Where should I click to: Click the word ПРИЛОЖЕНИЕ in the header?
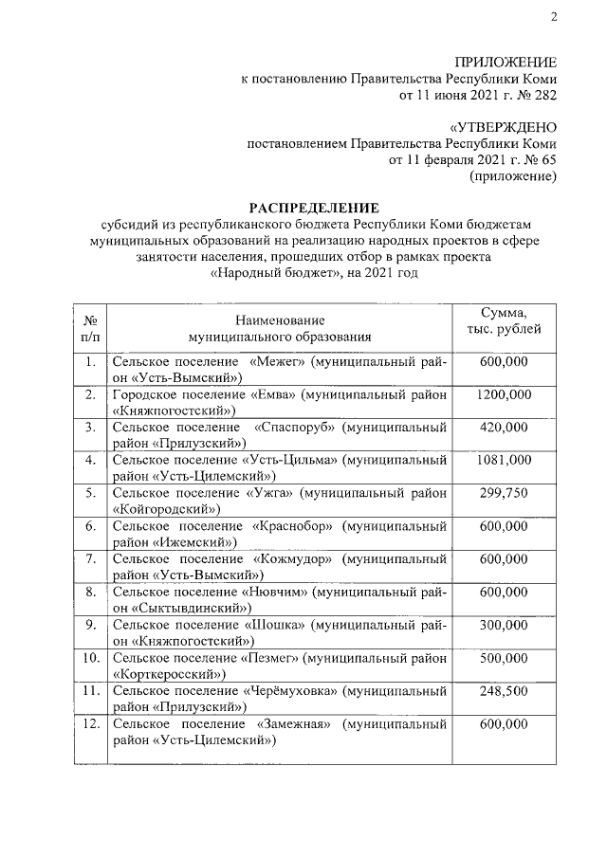pyautogui.click(x=508, y=62)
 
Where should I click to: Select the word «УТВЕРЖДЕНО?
pyautogui.click(x=502, y=127)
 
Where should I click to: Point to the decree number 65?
pyautogui.click(x=548, y=160)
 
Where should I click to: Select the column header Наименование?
pyautogui.click(x=280, y=319)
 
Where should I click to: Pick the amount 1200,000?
pyautogui.click(x=504, y=394)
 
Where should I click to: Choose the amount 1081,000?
pyautogui.click(x=504, y=460)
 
